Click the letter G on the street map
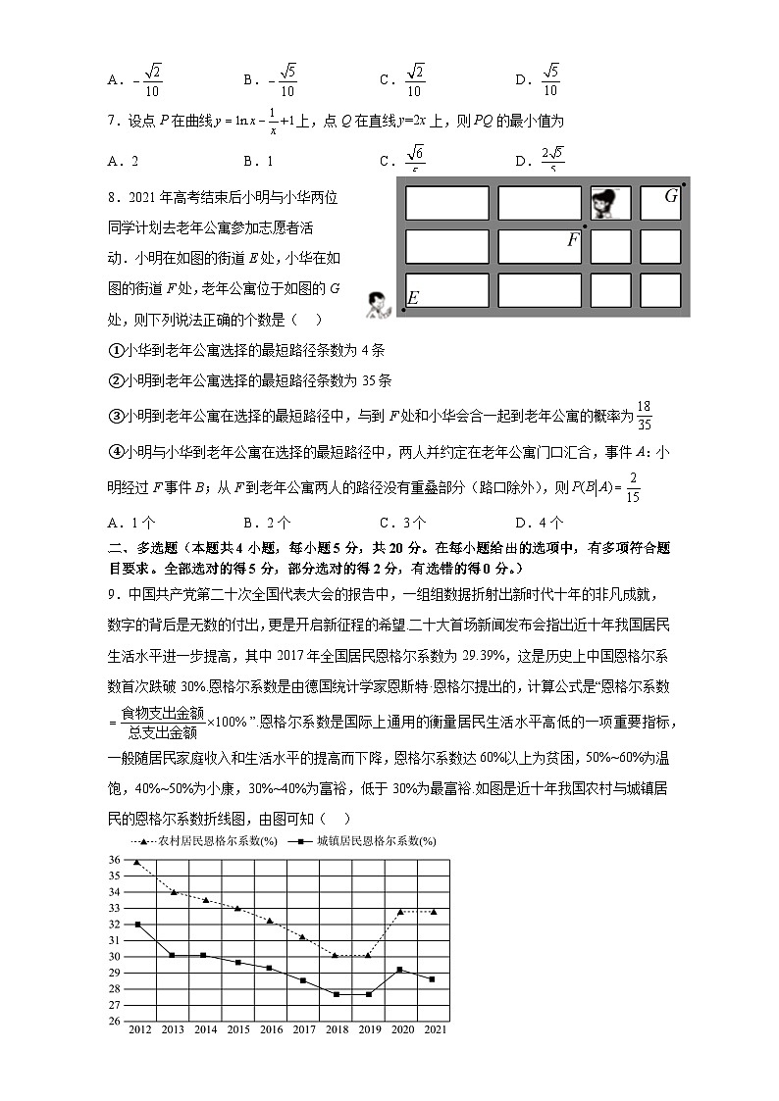tap(671, 196)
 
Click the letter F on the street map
tap(573, 239)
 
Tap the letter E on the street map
tap(412, 298)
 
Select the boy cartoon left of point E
tap(376, 304)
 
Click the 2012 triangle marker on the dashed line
tap(137, 862)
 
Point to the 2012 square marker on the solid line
tap(137, 925)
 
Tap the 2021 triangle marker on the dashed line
tap(433, 911)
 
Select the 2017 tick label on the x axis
tap(304, 1029)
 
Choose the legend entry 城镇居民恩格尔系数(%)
tap(363, 841)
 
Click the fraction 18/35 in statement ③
tap(644, 415)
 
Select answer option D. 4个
tap(539, 522)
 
